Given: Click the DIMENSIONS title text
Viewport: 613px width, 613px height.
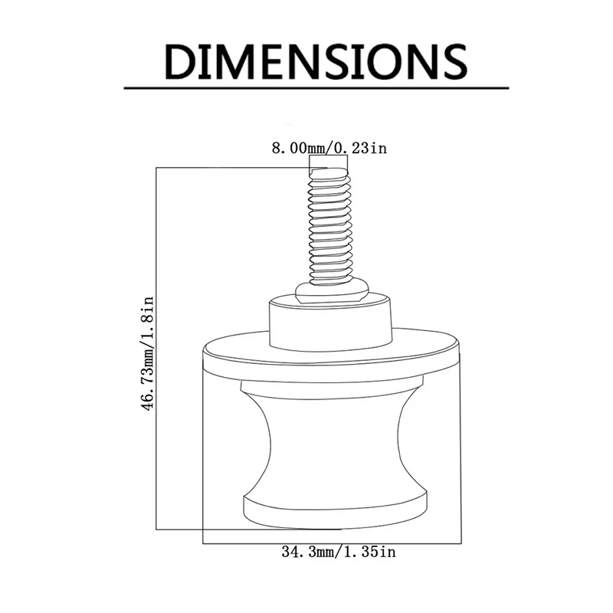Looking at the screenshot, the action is click(316, 62).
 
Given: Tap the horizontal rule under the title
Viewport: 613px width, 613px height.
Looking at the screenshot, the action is click(316, 88).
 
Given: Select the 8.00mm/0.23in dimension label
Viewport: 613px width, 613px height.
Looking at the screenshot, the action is click(329, 148).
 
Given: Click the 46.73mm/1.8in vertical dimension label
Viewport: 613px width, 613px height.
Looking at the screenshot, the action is click(147, 353).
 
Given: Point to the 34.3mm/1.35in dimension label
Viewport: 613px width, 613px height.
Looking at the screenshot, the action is click(339, 552).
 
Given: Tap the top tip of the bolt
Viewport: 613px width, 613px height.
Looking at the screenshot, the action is click(329, 169).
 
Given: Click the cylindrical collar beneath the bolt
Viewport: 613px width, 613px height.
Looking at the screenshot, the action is click(331, 323).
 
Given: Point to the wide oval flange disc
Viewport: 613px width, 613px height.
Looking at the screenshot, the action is click(331, 354).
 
